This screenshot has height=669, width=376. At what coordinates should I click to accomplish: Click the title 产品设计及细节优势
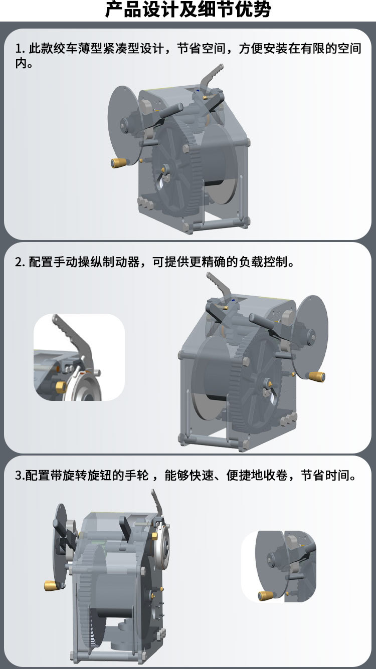[x=188, y=10]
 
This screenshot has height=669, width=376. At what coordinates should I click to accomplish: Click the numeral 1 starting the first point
[x=18, y=49]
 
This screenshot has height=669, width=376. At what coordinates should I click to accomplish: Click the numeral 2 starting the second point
[x=19, y=262]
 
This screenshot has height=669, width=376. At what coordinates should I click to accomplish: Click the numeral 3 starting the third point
[x=18, y=475]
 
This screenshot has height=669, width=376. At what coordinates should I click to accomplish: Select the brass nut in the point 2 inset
[x=60, y=386]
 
